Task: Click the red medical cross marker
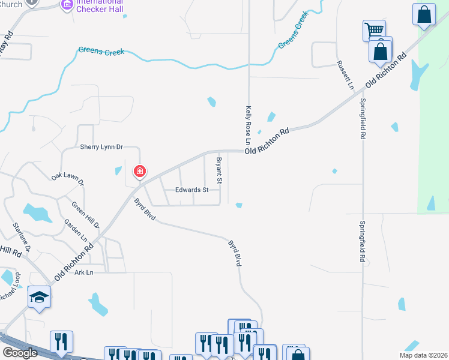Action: pyautogui.click(x=139, y=172)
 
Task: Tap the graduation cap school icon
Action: pyautogui.click(x=39, y=297)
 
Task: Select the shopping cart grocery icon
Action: pyautogui.click(x=373, y=30)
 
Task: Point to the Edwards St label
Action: pyautogui.click(x=191, y=190)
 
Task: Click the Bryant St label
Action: pyautogui.click(x=219, y=170)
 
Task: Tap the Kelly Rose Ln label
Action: pyautogui.click(x=247, y=125)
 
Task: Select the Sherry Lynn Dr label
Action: pyautogui.click(x=101, y=146)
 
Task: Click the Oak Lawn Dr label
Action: pyautogui.click(x=68, y=178)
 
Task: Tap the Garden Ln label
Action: pyautogui.click(x=76, y=230)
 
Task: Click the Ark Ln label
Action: pyautogui.click(x=85, y=272)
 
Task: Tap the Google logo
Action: pyautogui.click(x=20, y=353)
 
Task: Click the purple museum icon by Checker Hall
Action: pyautogui.click(x=67, y=6)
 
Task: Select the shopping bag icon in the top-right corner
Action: pyautogui.click(x=424, y=14)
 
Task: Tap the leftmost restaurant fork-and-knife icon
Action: pyautogui.click(x=61, y=342)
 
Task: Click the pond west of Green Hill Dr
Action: pyautogui.click(x=37, y=212)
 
